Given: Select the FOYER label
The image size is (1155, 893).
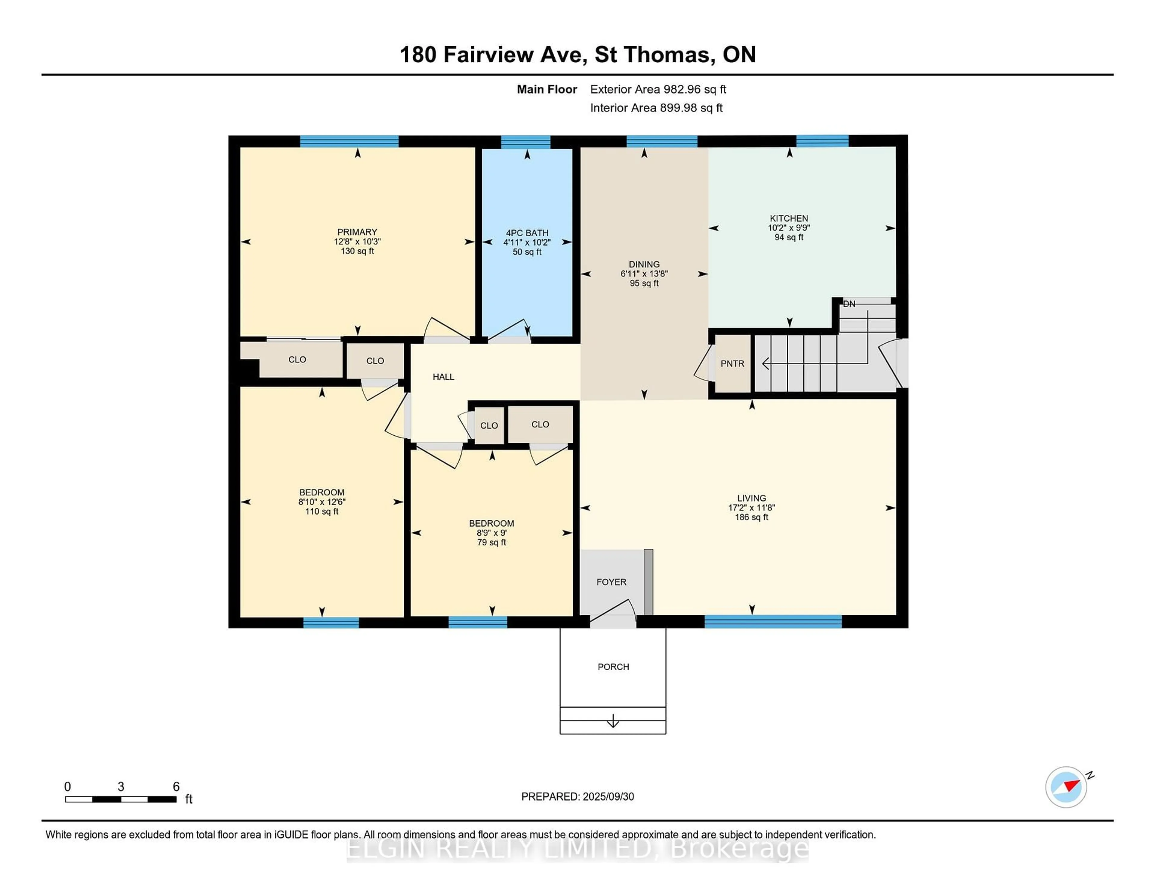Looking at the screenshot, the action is [x=611, y=582].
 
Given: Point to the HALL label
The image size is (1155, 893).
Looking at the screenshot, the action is [x=443, y=377].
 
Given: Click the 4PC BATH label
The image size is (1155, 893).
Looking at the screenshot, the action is [x=527, y=233].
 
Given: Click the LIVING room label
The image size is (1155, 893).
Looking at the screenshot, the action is [x=751, y=498].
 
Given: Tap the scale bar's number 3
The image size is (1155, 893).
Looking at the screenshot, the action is [x=121, y=787].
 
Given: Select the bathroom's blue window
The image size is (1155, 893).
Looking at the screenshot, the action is [x=526, y=142].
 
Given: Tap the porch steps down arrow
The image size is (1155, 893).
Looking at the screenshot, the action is [x=613, y=721].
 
